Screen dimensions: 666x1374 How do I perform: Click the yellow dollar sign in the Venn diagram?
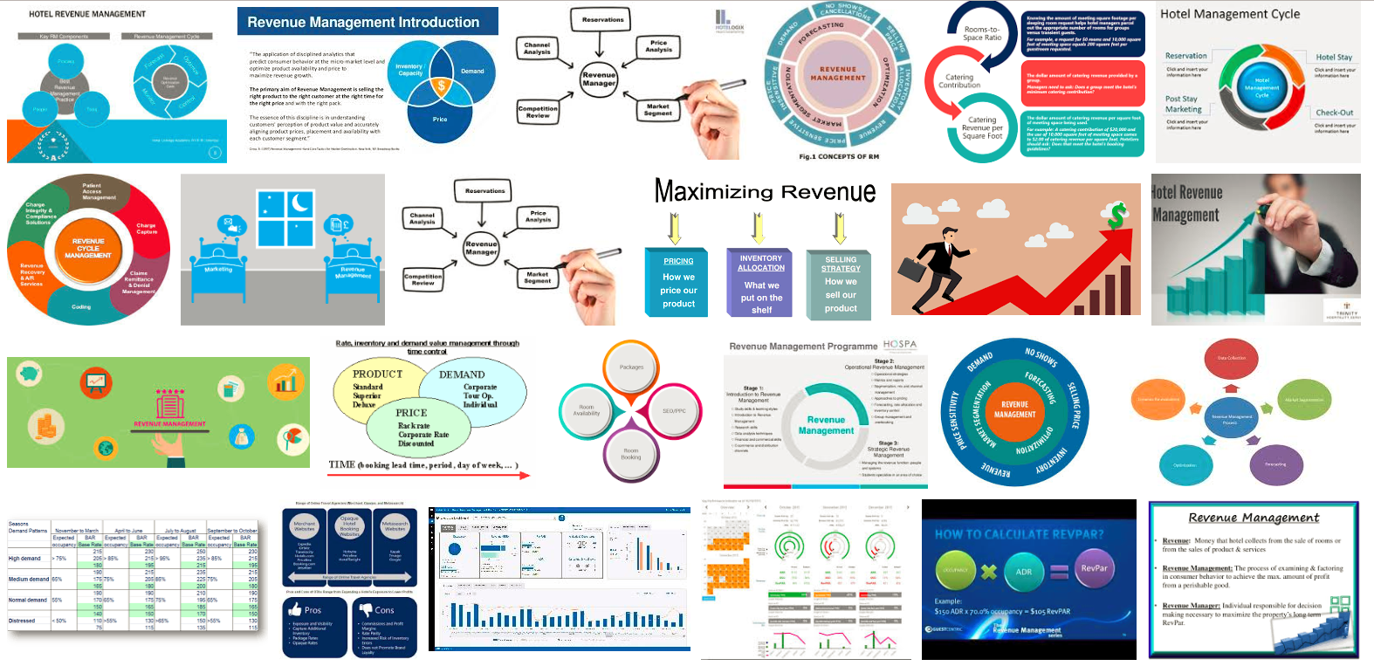pos(442,86)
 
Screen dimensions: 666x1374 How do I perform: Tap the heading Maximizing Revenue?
pos(765,191)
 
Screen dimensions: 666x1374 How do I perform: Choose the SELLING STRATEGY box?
pos(841,282)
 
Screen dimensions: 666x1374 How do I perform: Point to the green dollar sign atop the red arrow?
pos(1116,216)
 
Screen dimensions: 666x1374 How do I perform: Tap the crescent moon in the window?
pos(300,203)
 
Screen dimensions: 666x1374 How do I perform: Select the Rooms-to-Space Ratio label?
pos(982,33)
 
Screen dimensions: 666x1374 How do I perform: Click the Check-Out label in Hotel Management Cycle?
pos(1335,113)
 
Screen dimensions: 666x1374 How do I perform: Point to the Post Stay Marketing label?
pos(1183,104)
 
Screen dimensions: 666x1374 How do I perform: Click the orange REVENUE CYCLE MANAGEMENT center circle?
pos(88,248)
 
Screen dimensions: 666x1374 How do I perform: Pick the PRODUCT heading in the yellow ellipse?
pos(377,374)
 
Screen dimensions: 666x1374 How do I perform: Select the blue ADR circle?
pos(1024,572)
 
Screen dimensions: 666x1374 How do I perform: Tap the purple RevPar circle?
pos(1094,568)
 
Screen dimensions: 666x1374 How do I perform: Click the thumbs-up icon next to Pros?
pos(295,609)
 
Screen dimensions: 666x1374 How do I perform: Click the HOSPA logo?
pos(900,345)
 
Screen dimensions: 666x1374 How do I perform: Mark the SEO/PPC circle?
pos(674,410)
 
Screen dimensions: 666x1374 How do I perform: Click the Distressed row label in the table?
pos(22,621)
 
